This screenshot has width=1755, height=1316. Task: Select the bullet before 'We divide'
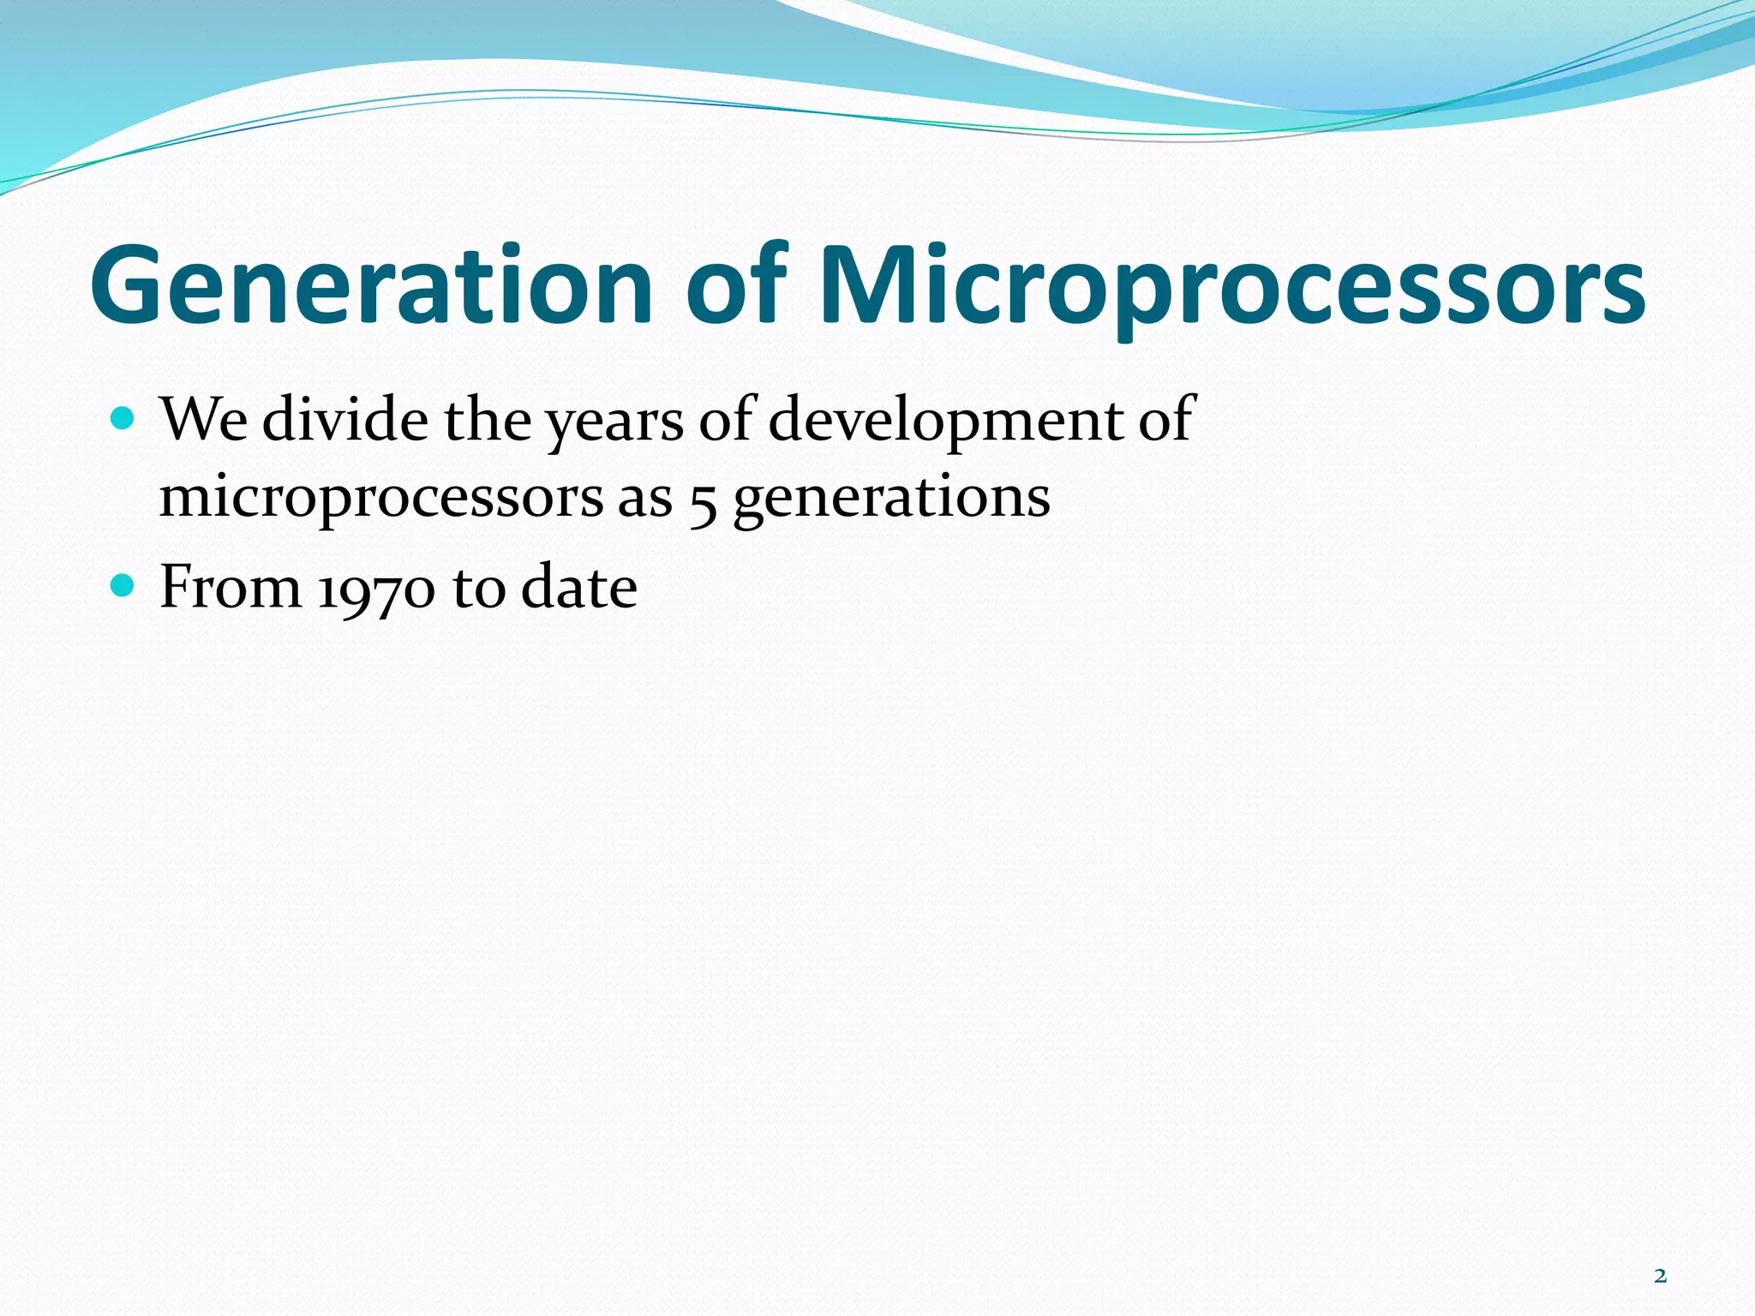pos(123,419)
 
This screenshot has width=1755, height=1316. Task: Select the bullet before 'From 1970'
pos(123,586)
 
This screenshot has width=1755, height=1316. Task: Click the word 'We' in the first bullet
pos(203,420)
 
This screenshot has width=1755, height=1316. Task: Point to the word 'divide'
pos(344,420)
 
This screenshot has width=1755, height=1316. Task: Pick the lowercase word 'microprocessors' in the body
pos(380,499)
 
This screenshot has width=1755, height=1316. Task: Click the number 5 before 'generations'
pos(703,501)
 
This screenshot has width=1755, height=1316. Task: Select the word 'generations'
pos(891,499)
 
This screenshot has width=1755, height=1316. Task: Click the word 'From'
pos(231,588)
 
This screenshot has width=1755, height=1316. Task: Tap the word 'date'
pos(578,588)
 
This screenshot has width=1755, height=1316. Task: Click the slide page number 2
pos(1660,1277)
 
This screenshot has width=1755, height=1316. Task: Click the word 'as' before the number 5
pos(644,500)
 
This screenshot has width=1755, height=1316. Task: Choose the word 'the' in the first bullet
pos(487,420)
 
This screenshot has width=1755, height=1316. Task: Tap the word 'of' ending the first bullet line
pos(1165,420)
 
